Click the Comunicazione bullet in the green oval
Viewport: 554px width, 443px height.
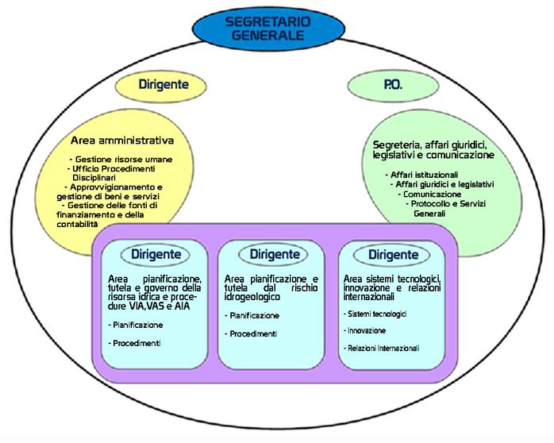point(432,194)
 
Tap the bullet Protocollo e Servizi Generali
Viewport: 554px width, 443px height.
point(448,208)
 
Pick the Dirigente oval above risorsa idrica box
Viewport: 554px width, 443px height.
point(156,255)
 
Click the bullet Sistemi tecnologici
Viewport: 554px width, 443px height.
point(376,314)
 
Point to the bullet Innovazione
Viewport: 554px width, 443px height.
point(366,330)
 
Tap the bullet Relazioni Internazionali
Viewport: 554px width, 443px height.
point(383,349)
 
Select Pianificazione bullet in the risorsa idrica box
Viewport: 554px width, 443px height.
point(137,325)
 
